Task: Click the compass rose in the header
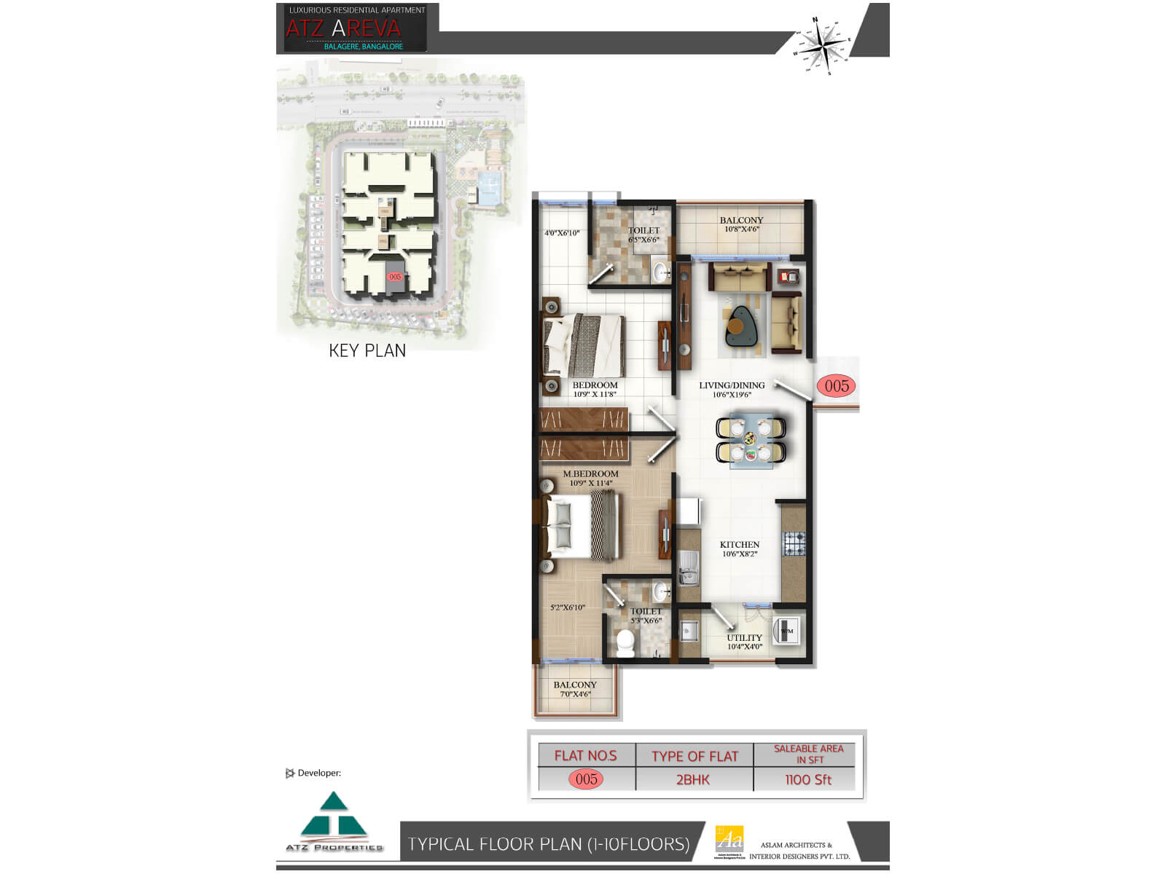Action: pos(825,44)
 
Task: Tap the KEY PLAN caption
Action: pos(367,350)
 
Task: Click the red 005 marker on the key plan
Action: pos(395,277)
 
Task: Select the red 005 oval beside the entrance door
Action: pos(837,385)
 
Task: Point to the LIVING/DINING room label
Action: pos(732,385)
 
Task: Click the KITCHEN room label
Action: pos(740,545)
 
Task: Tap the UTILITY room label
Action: pos(744,637)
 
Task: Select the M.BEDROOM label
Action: pos(590,473)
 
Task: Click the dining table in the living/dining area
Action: pos(751,438)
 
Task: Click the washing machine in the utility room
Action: pos(786,631)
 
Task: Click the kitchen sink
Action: pos(688,566)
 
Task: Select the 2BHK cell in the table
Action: pos(693,779)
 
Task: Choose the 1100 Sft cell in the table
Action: pos(808,779)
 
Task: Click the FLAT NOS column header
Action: pos(586,756)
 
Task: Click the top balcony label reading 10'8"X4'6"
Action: pos(742,229)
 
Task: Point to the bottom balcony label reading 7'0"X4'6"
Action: pos(575,694)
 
